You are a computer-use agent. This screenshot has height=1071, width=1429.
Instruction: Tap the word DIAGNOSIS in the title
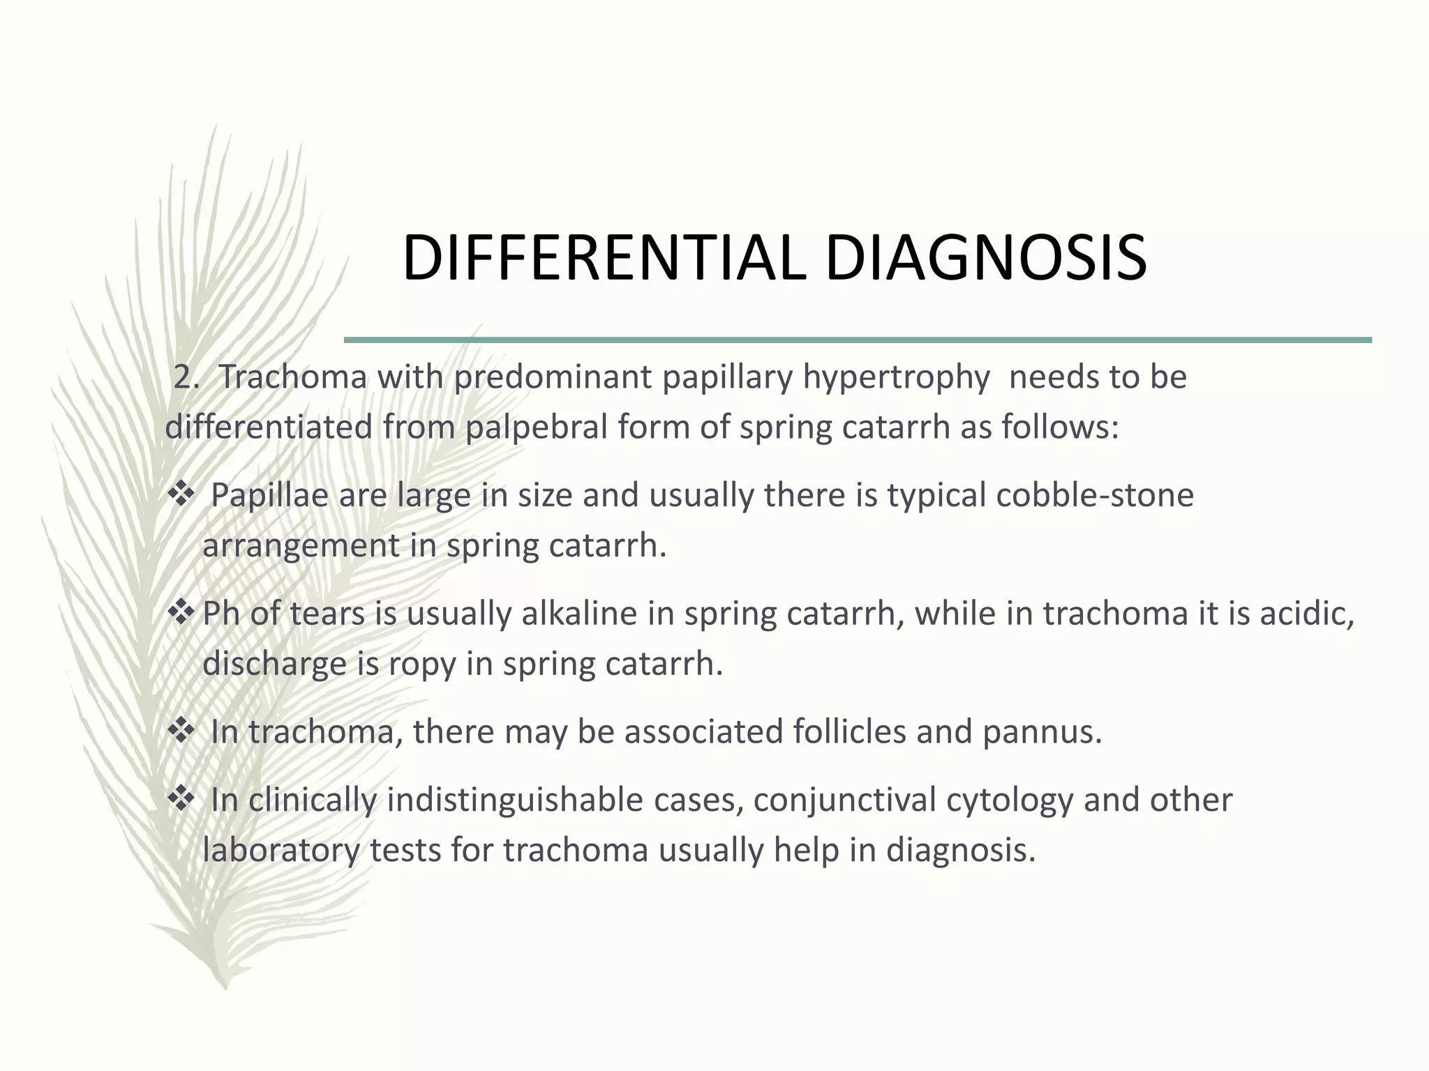[985, 259]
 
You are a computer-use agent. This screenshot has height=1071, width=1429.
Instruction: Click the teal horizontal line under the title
[858, 340]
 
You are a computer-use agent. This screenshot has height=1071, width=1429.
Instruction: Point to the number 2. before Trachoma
[186, 378]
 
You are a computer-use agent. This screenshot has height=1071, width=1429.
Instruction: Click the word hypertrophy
[896, 378]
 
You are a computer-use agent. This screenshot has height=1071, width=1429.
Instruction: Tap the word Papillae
[270, 496]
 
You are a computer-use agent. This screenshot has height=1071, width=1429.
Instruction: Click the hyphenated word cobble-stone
[1095, 496]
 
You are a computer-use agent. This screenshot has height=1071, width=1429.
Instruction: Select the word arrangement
[301, 546]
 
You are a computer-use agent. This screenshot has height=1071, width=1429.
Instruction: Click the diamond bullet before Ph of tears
[181, 613]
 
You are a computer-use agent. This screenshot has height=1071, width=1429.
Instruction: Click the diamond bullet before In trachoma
[181, 731]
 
